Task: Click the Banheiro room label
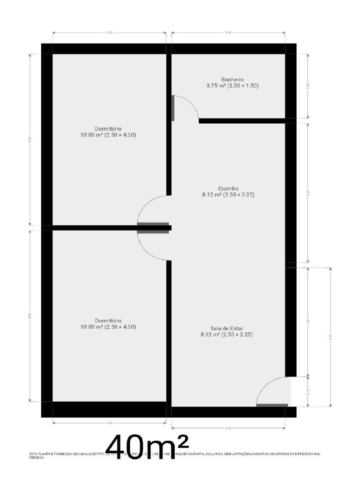tap(232, 80)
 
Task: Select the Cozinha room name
tap(228, 188)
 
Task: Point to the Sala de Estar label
tap(226, 329)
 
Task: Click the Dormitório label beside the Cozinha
tap(108, 129)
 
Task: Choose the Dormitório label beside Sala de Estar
tap(108, 321)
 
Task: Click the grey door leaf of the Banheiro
tap(173, 108)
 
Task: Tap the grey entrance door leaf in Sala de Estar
tap(272, 405)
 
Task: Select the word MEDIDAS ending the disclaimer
tap(37, 457)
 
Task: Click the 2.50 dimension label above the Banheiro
tap(228, 33)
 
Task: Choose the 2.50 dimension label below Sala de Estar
tap(228, 428)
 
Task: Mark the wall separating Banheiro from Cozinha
tap(242, 121)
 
